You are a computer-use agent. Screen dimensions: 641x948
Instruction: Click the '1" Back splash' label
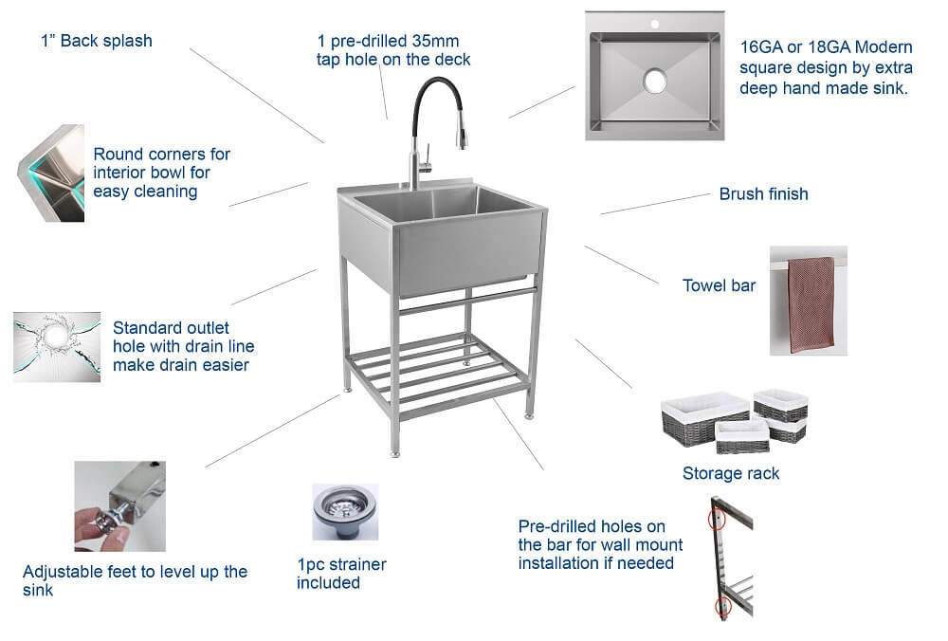coord(96,41)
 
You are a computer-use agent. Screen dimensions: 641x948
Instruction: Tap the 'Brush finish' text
coord(763,194)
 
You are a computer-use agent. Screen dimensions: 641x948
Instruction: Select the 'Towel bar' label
coord(719,285)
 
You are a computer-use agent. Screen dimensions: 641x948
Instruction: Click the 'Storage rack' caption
coord(731,473)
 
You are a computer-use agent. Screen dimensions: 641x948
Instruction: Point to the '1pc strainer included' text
coord(341,574)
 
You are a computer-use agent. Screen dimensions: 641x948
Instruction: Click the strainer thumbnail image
coord(338,512)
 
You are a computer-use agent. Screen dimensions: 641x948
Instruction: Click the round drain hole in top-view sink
coord(654,81)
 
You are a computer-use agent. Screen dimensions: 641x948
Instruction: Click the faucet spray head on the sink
coord(462,138)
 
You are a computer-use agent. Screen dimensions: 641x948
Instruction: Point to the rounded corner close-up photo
coord(51,174)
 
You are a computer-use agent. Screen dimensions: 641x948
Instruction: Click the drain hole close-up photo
coord(56,346)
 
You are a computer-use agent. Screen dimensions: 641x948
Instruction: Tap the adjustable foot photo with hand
coord(119,506)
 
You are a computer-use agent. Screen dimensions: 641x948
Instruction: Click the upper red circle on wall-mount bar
coord(718,520)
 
